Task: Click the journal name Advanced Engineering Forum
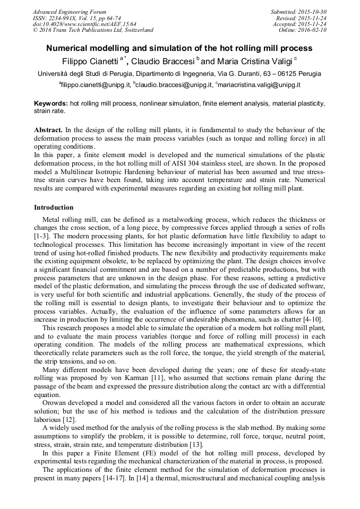pos(70,12)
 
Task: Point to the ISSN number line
pos(76,18)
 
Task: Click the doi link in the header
pos(84,24)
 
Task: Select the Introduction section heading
pos(54,208)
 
